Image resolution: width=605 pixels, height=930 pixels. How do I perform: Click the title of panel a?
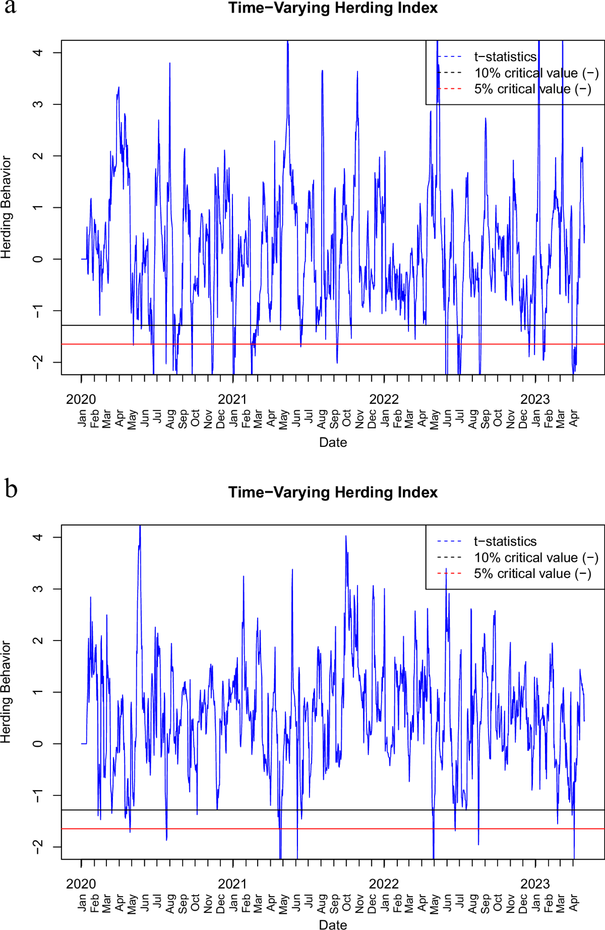[x=333, y=8]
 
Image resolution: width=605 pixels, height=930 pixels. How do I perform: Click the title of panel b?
[x=333, y=492]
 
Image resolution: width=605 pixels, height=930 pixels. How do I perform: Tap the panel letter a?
[x=10, y=7]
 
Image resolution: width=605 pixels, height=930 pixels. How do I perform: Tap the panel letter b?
[x=11, y=489]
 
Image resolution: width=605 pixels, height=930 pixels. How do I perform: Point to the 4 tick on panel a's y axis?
[x=38, y=52]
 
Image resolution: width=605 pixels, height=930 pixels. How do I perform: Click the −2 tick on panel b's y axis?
[x=38, y=847]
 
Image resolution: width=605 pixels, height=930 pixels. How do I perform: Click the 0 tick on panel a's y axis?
[x=38, y=259]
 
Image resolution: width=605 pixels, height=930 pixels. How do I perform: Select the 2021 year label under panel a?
[x=232, y=399]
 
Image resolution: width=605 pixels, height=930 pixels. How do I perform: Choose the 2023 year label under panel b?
[x=535, y=884]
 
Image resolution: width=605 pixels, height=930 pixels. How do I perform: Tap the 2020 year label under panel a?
[x=81, y=399]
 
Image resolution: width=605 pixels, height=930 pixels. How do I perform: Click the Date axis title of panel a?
[x=333, y=443]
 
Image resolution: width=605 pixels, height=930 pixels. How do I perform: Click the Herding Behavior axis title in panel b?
[x=6, y=692]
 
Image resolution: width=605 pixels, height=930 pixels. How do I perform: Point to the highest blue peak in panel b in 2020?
[x=140, y=528]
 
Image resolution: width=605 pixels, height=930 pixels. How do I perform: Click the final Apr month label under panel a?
[x=574, y=419]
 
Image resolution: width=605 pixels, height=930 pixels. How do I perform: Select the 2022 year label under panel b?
[x=384, y=884]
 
